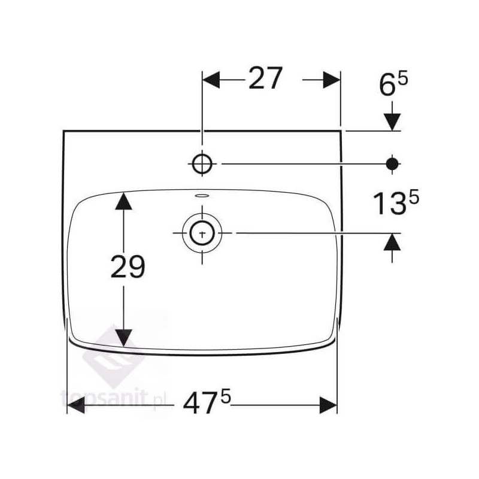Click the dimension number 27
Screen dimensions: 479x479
coord(265,78)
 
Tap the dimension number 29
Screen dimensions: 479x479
coord(128,266)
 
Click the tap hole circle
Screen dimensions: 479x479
coord(202,163)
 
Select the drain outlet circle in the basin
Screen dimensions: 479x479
coord(202,233)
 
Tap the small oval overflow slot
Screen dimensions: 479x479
coord(202,195)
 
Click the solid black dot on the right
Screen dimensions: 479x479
coord(392,164)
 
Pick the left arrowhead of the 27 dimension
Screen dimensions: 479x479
coord(211,80)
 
